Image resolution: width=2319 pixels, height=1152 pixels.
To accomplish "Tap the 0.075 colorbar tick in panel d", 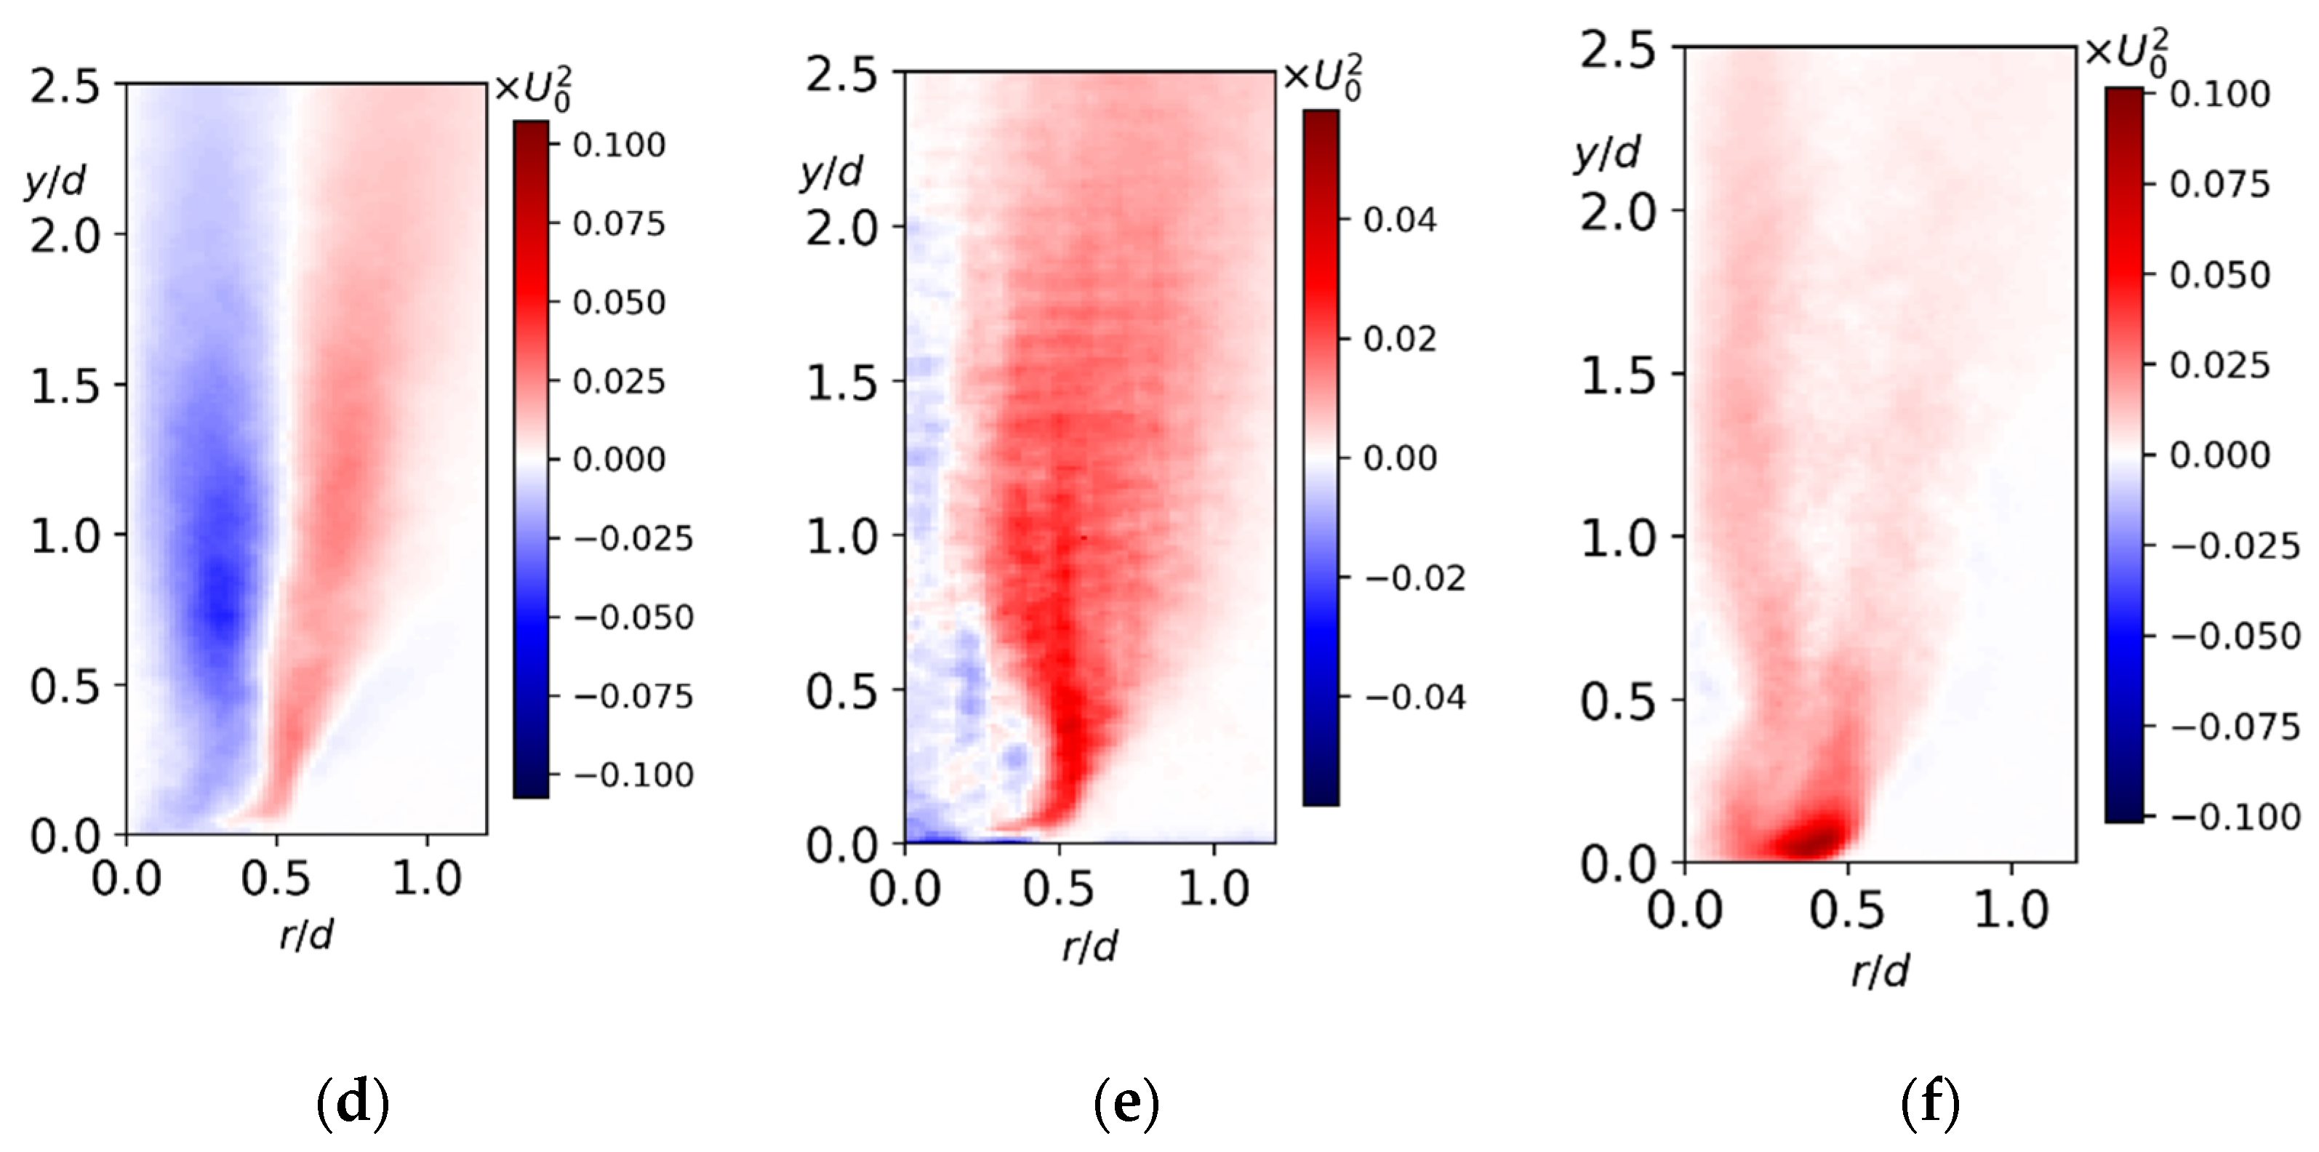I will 618,223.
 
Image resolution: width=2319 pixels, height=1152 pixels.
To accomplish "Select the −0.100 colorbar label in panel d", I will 633,775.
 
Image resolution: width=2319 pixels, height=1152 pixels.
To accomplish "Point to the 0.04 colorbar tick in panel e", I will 1399,220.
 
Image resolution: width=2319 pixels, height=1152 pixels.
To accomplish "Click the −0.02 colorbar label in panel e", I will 1414,577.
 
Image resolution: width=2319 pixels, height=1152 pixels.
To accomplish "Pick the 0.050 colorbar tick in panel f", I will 2219,274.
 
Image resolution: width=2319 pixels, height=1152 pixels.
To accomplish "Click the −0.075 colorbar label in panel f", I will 2235,727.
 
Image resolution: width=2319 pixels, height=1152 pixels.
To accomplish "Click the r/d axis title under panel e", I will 1089,947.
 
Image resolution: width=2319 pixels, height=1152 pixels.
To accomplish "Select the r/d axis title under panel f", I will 1880,972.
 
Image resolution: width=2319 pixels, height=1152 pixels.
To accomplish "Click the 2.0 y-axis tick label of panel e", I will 841,228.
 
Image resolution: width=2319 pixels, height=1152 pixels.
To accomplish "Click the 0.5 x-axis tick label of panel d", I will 276,879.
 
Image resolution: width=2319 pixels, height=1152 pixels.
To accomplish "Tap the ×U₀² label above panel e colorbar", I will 1321,76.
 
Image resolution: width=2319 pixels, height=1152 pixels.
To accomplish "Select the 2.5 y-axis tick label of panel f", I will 1618,49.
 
